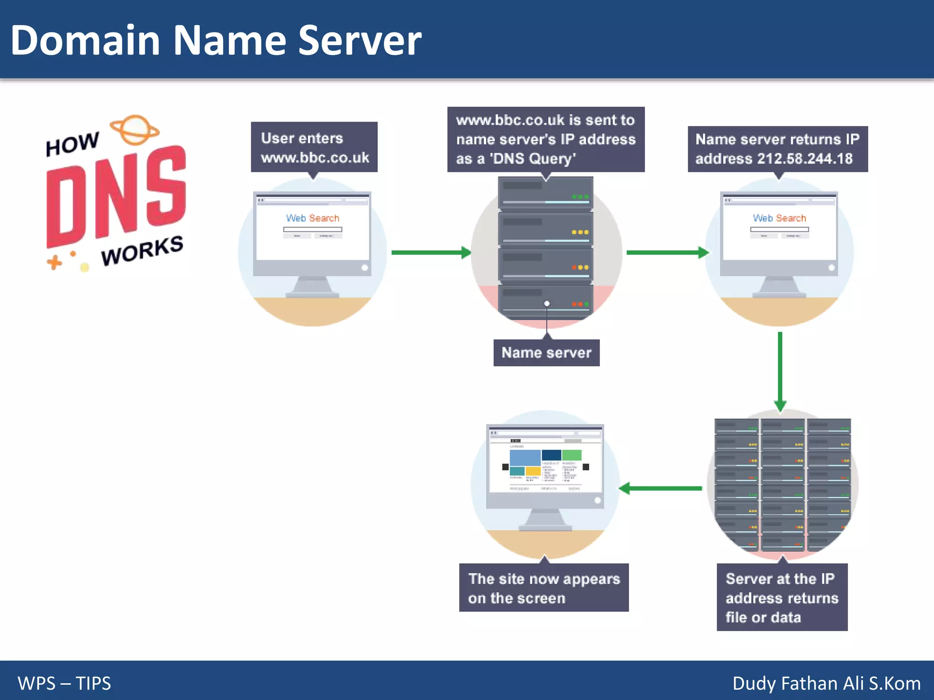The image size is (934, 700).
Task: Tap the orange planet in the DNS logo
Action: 135,129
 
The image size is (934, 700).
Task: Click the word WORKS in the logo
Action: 142,251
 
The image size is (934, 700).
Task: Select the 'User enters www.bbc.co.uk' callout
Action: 314,147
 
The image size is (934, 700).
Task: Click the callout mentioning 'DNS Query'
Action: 545,139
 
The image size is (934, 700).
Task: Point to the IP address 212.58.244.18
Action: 804,159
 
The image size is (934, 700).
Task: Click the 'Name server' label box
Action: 546,353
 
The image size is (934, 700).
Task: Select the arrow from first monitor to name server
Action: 431,252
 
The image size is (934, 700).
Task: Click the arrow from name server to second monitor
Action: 667,252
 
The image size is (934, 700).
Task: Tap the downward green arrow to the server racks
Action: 780,371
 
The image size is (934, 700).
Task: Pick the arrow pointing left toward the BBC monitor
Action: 661,489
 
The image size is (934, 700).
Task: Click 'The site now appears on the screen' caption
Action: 544,588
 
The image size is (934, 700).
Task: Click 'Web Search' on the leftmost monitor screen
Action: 312,218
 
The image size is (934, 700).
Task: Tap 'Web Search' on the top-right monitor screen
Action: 779,218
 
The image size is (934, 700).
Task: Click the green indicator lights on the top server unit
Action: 580,197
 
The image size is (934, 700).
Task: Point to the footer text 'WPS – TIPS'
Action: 64,683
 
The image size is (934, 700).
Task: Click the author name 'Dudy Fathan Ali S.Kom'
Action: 826,683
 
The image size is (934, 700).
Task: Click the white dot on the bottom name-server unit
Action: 547,304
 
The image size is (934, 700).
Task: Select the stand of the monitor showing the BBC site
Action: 545,520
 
